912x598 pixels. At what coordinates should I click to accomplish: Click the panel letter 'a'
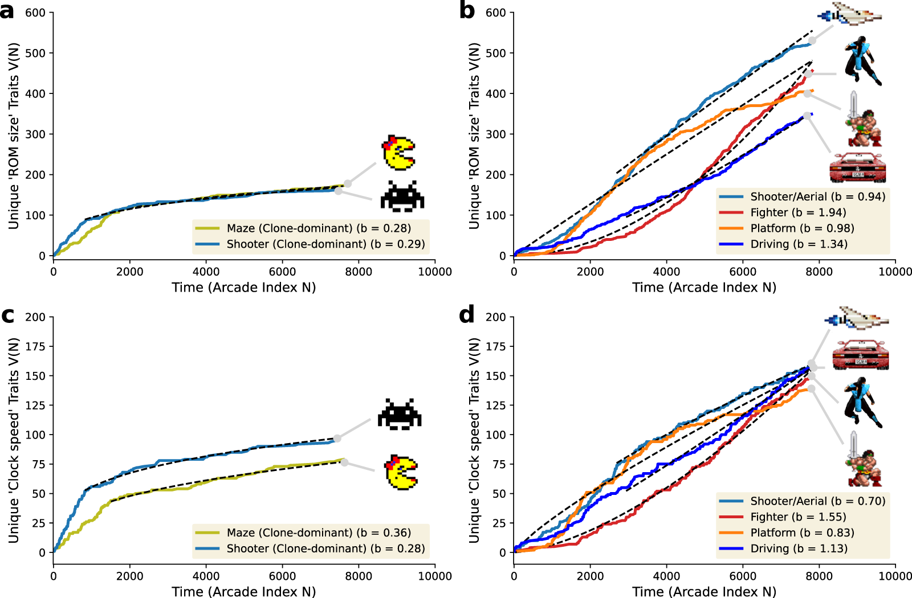7,11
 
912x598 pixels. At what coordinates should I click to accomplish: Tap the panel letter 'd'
467,315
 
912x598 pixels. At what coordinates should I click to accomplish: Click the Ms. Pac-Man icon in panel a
398,153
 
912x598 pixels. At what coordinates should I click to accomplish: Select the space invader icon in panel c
400,414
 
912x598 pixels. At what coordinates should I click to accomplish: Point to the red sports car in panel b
858,167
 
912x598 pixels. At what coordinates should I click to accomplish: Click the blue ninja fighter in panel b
862,61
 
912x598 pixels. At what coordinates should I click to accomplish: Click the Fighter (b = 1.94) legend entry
798,212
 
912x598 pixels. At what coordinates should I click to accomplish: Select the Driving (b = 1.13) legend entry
798,548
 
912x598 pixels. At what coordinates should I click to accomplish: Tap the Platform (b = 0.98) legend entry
802,228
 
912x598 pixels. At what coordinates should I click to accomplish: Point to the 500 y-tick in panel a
35,53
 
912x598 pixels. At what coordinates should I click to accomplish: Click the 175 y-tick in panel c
35,346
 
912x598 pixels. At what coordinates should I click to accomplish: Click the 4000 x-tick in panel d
666,576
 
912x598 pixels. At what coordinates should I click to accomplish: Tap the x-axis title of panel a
244,287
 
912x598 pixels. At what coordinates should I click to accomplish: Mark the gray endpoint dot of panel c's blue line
337,439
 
